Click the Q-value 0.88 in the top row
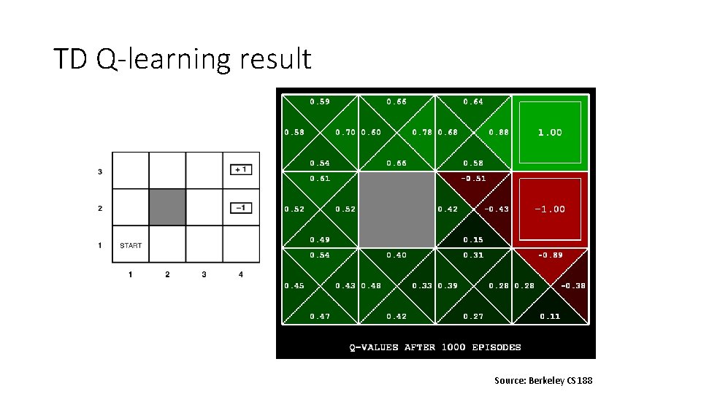click(499, 133)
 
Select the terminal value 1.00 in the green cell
click(550, 133)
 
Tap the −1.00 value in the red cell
click(549, 209)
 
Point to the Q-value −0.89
click(550, 255)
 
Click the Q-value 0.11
click(550, 317)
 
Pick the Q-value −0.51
click(473, 179)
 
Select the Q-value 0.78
click(422, 133)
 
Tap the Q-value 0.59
click(320, 102)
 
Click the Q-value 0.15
click(473, 240)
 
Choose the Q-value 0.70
click(345, 133)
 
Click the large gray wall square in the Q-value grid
click(397, 209)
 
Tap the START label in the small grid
click(131, 246)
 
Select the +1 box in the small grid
click(241, 169)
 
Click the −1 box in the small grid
click(241, 208)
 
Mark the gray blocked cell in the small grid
click(167, 208)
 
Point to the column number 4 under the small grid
click(241, 274)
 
